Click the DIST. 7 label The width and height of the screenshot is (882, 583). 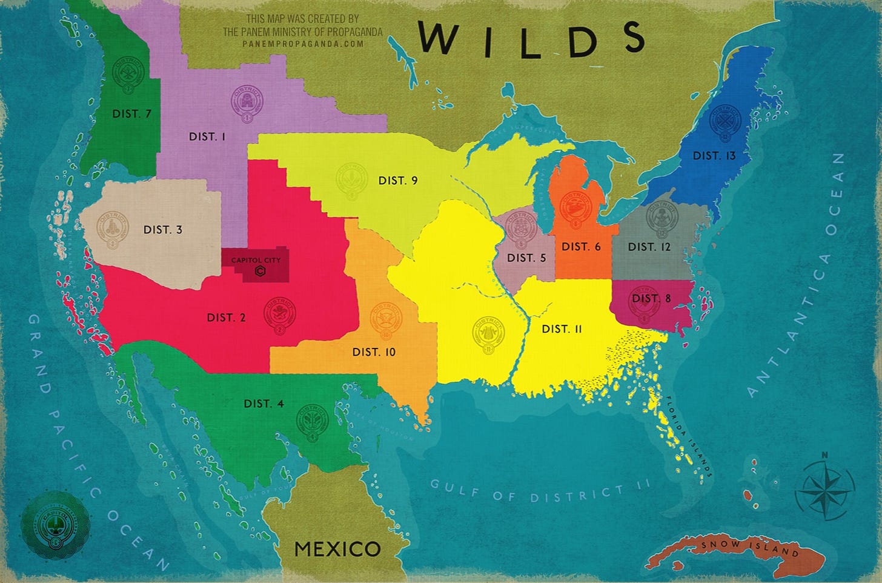pos(131,113)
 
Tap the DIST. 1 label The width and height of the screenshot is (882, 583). pos(207,136)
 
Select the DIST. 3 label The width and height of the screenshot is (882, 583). pos(162,230)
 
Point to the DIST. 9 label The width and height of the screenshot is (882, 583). pos(397,181)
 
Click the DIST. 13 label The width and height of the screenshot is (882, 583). pos(714,156)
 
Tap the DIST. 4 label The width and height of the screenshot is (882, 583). pos(264,404)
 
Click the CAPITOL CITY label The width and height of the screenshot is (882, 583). pos(256,260)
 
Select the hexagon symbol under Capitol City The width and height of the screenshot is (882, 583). pos(259,272)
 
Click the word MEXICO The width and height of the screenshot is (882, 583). pos(337,549)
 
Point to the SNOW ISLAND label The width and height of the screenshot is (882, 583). pos(750,547)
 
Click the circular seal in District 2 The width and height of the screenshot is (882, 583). pos(280,314)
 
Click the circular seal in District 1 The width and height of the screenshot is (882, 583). pos(247,104)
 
